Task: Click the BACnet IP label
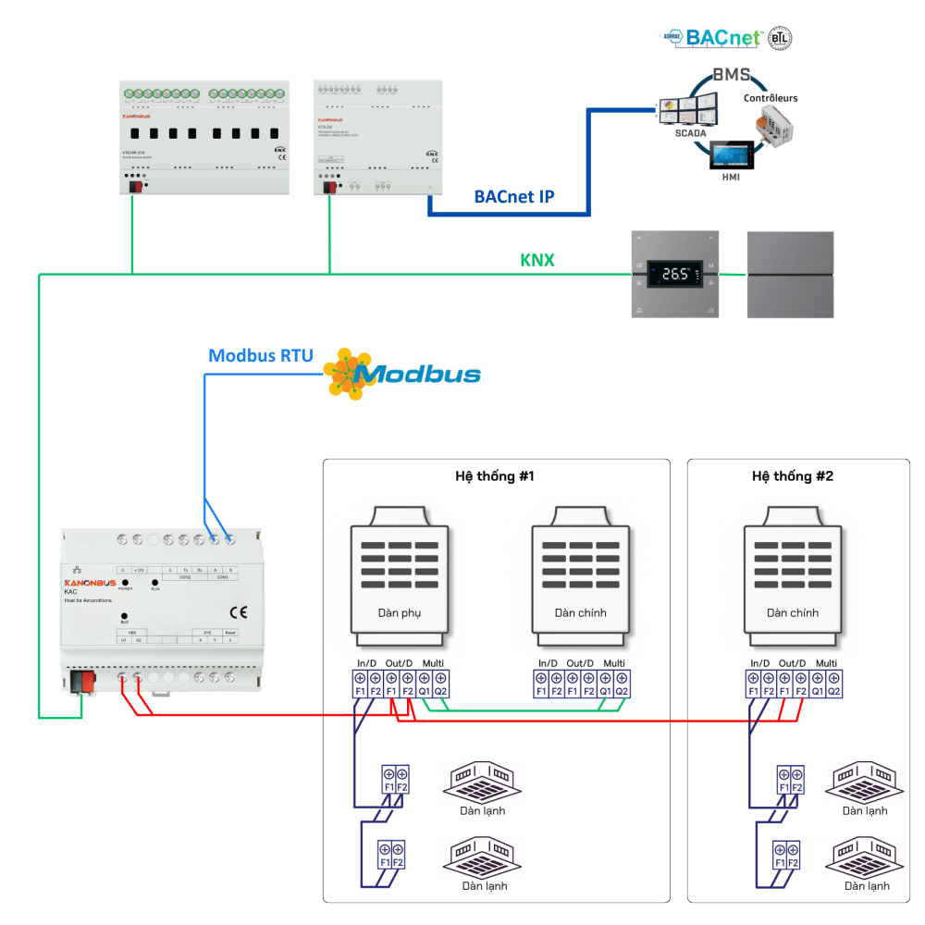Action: (x=514, y=196)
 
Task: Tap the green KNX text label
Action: (x=537, y=260)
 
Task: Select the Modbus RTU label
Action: (x=261, y=355)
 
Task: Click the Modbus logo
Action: (x=407, y=373)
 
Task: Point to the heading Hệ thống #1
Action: (x=495, y=476)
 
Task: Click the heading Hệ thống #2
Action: (x=793, y=476)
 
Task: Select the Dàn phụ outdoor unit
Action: (x=400, y=578)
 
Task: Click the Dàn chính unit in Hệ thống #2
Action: (x=793, y=578)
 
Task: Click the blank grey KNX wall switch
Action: (x=790, y=275)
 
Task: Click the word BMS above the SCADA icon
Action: (x=730, y=75)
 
